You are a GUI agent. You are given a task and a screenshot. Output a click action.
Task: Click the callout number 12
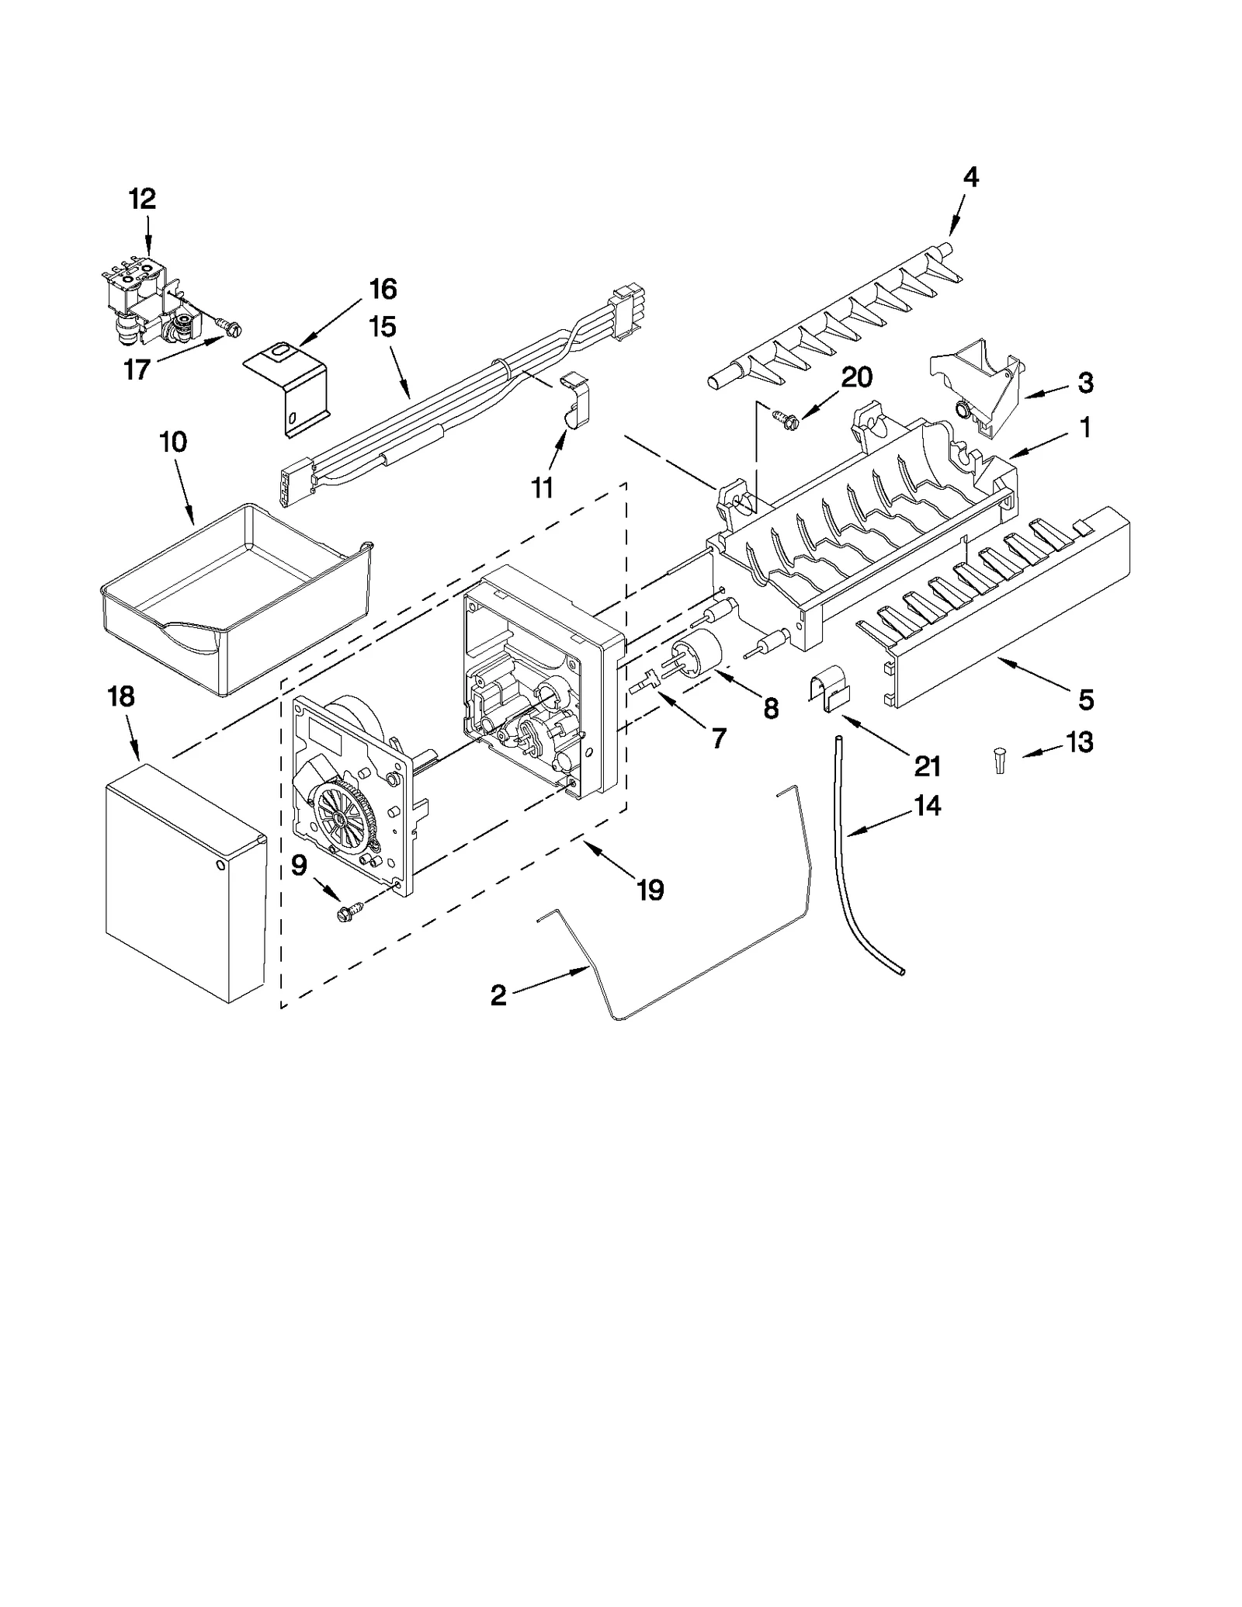pos(142,200)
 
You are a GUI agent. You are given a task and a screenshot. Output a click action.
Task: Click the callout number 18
pos(121,696)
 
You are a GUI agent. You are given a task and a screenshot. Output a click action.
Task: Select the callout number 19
pos(650,890)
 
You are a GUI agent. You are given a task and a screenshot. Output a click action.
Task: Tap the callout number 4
pos(970,178)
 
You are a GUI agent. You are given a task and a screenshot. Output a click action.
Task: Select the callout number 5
pos(1086,699)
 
